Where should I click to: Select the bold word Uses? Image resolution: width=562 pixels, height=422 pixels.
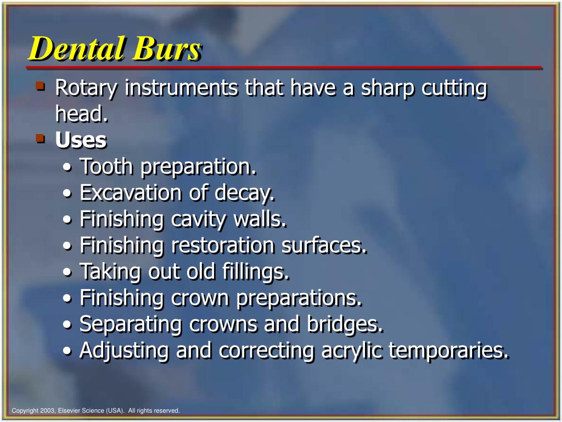point(81,140)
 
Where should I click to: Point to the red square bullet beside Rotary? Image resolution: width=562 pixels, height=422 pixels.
point(40,86)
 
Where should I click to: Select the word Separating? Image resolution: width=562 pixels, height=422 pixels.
point(131,324)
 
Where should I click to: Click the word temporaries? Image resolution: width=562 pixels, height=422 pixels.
point(449,351)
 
